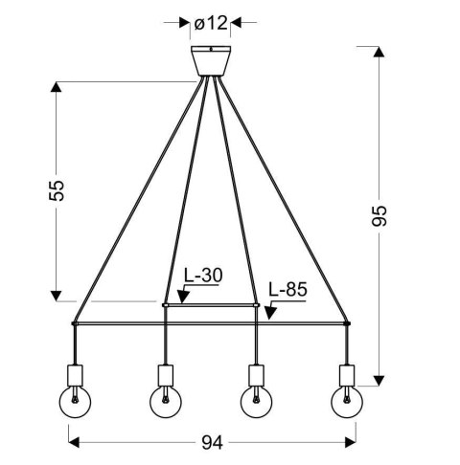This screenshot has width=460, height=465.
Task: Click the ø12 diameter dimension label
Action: [x=210, y=21]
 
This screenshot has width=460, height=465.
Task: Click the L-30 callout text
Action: [x=202, y=277]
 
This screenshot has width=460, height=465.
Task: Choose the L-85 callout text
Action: [x=287, y=288]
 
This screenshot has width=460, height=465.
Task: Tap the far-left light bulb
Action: [x=73, y=403]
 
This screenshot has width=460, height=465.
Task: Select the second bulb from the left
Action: [x=165, y=403]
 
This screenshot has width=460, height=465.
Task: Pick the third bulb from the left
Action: [x=256, y=403]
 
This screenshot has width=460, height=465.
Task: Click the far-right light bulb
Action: [x=347, y=403]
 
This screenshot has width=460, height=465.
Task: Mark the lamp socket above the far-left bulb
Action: [x=73, y=374]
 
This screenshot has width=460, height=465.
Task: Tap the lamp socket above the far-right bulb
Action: [x=347, y=374]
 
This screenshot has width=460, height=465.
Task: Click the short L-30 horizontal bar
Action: [x=211, y=305]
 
